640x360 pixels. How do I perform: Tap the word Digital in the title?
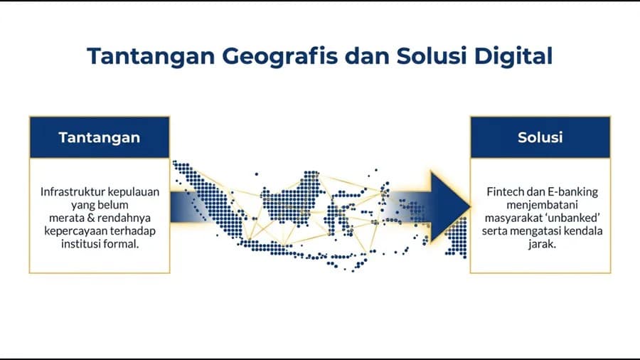(514, 55)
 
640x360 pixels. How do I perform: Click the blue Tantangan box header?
(99, 137)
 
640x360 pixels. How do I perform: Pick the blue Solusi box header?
(540, 137)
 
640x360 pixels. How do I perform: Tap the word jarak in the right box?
(540, 243)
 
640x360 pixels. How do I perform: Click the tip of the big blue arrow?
(470, 202)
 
